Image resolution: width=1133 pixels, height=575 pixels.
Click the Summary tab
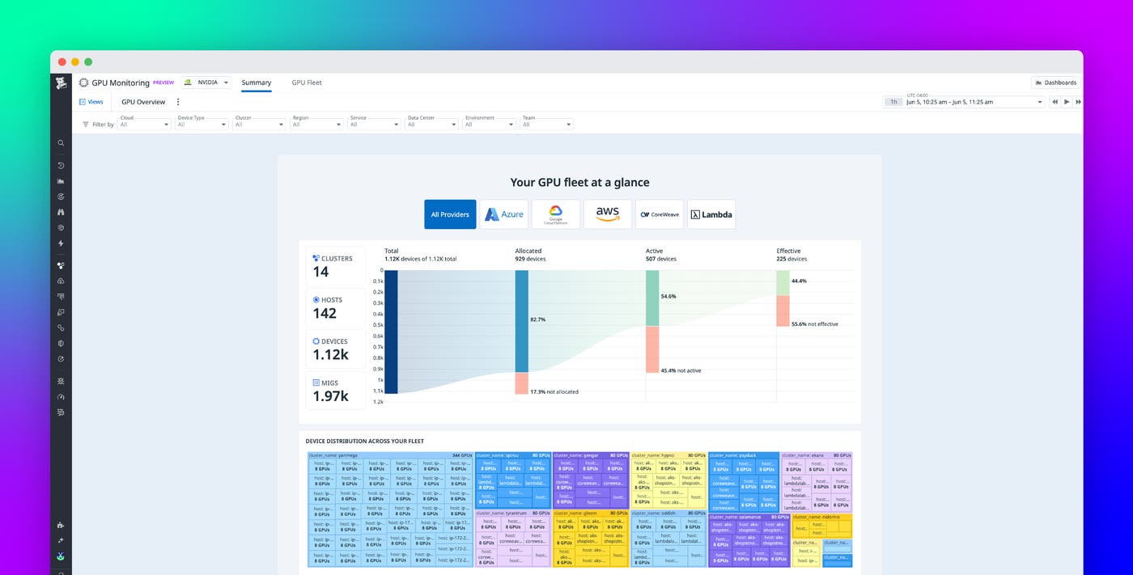click(256, 82)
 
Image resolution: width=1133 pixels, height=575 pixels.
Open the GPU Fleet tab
click(307, 82)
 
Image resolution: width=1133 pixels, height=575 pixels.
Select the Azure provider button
click(503, 214)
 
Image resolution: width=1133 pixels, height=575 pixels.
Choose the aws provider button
click(607, 214)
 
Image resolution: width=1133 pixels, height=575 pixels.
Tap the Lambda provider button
click(711, 214)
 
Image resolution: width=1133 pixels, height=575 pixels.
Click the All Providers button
click(450, 214)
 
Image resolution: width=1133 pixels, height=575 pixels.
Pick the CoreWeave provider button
click(659, 214)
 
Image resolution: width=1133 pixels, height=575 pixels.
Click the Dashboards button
click(1055, 82)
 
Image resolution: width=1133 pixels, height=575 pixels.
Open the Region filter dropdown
click(317, 124)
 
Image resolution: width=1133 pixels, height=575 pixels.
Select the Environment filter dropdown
click(490, 124)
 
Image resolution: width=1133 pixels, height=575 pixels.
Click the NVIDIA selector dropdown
click(206, 82)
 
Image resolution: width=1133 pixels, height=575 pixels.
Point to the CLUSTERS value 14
click(321, 272)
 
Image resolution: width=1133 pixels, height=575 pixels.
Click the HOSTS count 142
click(325, 313)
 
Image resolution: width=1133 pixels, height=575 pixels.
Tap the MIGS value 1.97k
click(330, 395)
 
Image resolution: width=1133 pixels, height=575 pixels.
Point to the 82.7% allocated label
click(537, 319)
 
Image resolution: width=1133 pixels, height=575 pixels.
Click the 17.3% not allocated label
click(554, 391)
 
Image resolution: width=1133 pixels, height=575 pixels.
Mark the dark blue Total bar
click(391, 332)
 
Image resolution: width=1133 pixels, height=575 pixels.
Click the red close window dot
click(62, 61)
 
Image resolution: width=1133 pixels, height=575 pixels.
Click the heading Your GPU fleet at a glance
click(579, 183)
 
